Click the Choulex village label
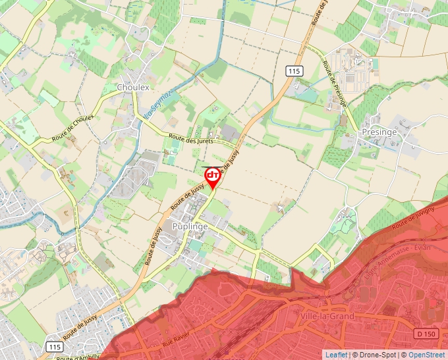(133, 87)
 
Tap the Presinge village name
(379, 132)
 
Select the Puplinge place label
(190, 226)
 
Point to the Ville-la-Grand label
(325, 317)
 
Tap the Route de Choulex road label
(73, 129)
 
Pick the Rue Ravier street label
(175, 340)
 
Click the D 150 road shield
(427, 334)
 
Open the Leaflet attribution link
(336, 355)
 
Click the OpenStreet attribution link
(428, 355)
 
